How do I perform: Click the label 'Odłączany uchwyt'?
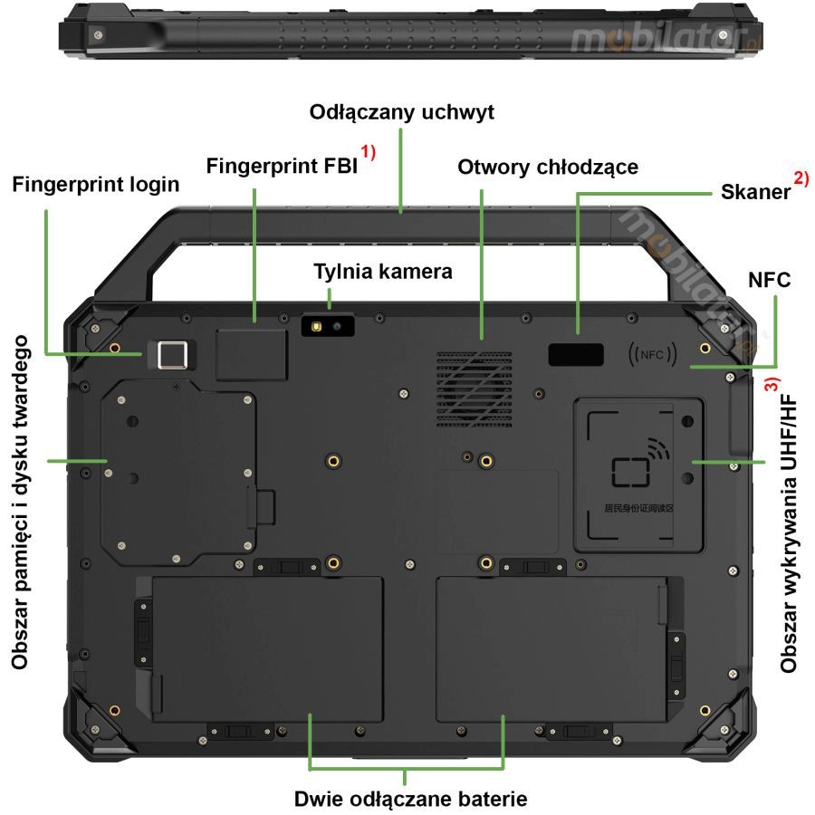[402, 113]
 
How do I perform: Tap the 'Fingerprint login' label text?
[96, 184]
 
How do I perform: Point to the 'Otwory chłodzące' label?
[548, 167]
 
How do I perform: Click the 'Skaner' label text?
[755, 192]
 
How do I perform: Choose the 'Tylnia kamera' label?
[382, 271]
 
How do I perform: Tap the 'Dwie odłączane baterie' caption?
[410, 799]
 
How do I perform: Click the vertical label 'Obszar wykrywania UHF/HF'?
[790, 532]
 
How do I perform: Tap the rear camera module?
[328, 325]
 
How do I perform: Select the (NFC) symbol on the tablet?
[653, 354]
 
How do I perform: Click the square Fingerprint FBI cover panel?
[253, 354]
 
